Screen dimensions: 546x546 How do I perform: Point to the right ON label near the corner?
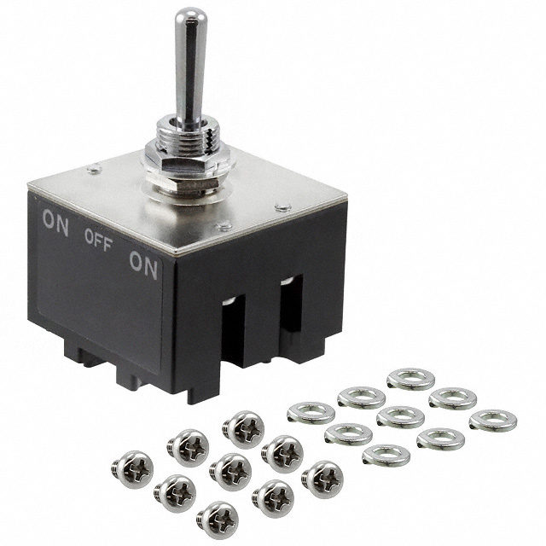pyautogui.click(x=143, y=267)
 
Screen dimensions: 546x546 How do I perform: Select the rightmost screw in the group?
pyautogui.click(x=322, y=478)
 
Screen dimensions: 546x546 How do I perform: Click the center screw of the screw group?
pyautogui.click(x=229, y=468)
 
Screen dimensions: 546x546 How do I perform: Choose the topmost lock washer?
pyautogui.click(x=410, y=378)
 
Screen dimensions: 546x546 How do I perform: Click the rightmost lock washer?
pyautogui.click(x=492, y=420)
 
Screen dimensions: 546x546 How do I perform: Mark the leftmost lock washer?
pyautogui.click(x=311, y=413)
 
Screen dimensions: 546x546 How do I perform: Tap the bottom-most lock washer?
pyautogui.click(x=386, y=455)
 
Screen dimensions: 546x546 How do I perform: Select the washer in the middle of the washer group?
pyautogui.click(x=400, y=416)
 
